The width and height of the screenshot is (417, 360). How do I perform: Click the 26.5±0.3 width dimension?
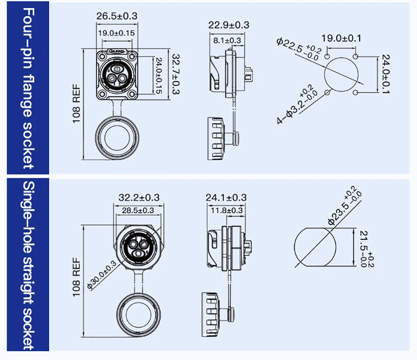tap(117, 16)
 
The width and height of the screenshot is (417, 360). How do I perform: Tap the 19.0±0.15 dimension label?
tap(117, 33)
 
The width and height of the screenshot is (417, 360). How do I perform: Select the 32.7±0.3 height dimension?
tap(176, 74)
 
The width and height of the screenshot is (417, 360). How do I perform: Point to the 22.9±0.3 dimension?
tap(228, 25)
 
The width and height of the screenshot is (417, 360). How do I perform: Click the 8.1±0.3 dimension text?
tap(227, 40)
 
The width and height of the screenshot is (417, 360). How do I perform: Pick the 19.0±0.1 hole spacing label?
tap(341, 38)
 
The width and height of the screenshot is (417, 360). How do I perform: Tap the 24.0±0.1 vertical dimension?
tap(386, 74)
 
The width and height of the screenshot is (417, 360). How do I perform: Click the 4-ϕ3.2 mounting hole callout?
tap(297, 104)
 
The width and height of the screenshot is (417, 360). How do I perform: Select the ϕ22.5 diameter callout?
tap(299, 49)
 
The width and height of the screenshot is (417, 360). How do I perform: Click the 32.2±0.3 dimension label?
tap(139, 198)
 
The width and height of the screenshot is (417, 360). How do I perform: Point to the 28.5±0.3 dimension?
tap(138, 211)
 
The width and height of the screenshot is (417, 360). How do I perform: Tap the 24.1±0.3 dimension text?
tap(226, 198)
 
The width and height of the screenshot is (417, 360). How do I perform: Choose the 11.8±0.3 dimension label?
tap(226, 211)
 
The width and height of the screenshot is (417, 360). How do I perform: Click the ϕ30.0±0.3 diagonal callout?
tap(102, 275)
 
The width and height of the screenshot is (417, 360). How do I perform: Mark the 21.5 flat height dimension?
tap(367, 249)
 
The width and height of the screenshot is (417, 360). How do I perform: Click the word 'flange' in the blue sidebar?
tap(28, 96)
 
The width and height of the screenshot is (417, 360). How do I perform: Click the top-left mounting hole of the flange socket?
tap(102, 56)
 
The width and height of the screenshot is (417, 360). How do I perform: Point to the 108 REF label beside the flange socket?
tap(77, 104)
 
